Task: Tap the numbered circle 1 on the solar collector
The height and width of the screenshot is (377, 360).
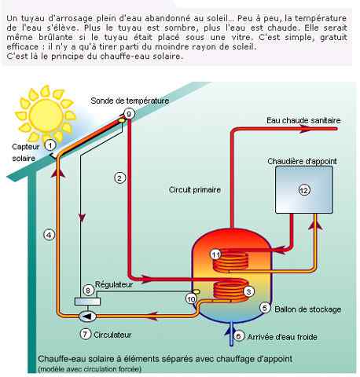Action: point(50,145)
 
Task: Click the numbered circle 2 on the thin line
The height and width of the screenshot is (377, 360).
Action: point(119,178)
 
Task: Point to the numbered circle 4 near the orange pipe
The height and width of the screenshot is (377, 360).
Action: point(49,234)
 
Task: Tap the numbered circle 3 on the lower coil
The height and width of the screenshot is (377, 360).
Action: point(248,291)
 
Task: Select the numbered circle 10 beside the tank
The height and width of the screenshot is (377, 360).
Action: point(190,298)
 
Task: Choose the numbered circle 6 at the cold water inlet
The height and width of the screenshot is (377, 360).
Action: point(239,336)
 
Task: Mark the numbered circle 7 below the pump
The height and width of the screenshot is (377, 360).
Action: point(87,334)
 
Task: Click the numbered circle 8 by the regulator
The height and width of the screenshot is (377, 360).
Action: point(88,290)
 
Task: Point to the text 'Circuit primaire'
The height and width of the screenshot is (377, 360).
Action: point(194,189)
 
